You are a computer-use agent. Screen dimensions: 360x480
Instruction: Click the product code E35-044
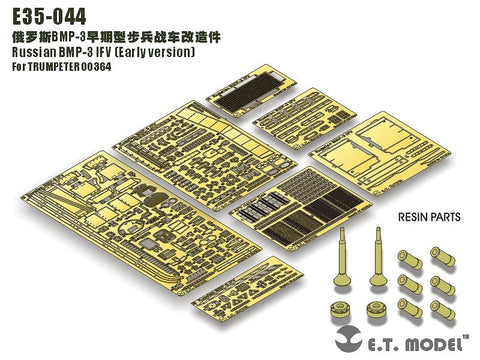[46, 15]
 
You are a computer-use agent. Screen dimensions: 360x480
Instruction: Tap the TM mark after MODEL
[470, 335]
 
